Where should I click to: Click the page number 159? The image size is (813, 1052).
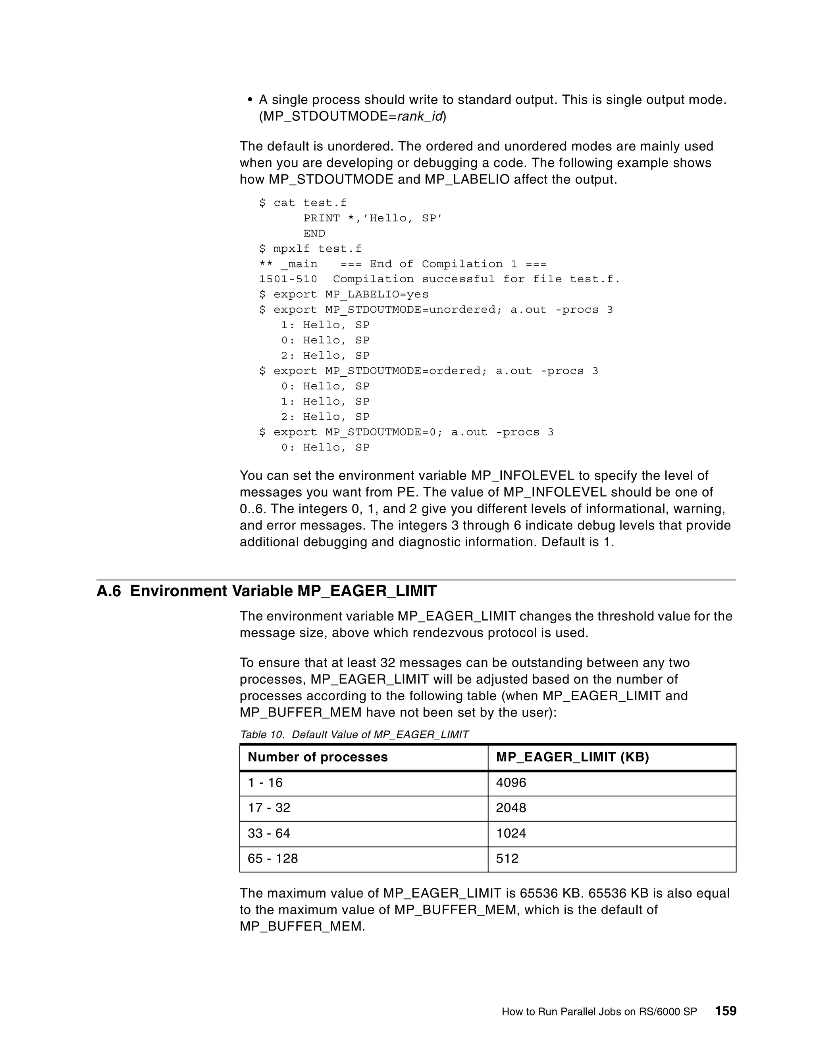(x=726, y=1011)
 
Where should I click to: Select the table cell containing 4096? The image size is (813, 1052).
(x=511, y=783)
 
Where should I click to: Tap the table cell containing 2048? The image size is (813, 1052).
(x=511, y=808)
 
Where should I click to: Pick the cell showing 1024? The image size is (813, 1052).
(x=511, y=833)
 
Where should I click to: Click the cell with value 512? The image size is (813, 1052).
(x=507, y=858)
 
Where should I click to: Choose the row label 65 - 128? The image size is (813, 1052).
(x=273, y=858)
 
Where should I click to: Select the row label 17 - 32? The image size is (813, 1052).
(x=269, y=808)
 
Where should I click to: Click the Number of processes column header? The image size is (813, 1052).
(x=318, y=757)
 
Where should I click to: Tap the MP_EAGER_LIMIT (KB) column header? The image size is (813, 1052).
(x=572, y=757)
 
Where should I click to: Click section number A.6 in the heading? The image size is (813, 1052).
(x=109, y=591)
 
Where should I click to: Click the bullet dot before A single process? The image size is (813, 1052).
(x=249, y=100)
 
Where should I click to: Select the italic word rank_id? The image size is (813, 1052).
(x=420, y=117)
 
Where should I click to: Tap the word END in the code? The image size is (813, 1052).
(x=314, y=233)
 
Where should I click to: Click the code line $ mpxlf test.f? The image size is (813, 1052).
(x=310, y=249)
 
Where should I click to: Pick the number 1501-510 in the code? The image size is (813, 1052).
(x=288, y=279)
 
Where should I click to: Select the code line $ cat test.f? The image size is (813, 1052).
(x=302, y=203)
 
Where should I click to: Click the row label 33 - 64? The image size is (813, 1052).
(x=269, y=833)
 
